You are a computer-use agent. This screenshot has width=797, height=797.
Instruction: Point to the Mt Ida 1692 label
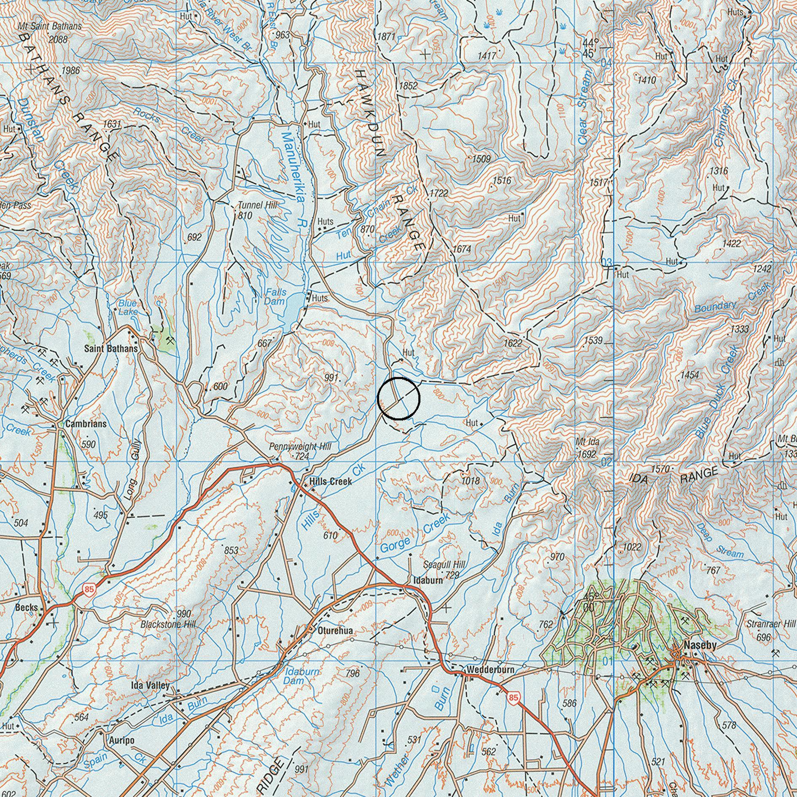point(587,448)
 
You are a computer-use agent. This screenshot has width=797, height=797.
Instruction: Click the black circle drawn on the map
point(398,398)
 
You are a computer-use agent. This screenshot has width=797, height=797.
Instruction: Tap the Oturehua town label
point(336,631)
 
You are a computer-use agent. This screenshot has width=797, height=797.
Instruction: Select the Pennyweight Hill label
point(300,447)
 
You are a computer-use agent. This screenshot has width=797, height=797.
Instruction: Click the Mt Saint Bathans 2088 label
point(50,26)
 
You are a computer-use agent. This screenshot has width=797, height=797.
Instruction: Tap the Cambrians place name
point(86,424)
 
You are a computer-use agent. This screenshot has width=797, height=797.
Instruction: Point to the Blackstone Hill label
point(168,624)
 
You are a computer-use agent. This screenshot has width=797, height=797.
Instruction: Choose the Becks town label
point(26,608)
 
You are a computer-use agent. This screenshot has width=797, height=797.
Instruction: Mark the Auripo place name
point(121,740)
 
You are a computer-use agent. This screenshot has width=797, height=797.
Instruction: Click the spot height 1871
point(386,37)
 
